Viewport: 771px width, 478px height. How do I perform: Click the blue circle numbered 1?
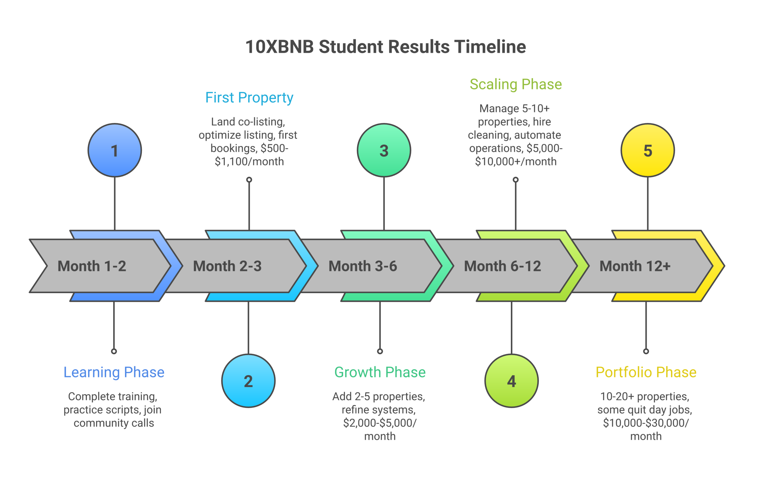click(x=114, y=150)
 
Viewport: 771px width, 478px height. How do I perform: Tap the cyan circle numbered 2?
click(x=248, y=381)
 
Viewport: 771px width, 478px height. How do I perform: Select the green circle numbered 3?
click(x=384, y=150)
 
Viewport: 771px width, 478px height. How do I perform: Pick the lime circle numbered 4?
click(x=511, y=381)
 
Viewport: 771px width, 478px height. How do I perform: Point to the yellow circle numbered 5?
click(x=648, y=150)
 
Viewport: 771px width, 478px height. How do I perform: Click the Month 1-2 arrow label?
click(x=92, y=266)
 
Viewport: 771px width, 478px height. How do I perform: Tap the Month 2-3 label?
click(x=227, y=266)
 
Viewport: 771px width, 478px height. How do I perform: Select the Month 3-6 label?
click(x=363, y=266)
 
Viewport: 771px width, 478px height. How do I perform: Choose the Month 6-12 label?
click(x=502, y=266)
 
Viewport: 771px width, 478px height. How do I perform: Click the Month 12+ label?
click(x=635, y=266)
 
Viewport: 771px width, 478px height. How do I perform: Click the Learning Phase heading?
click(x=114, y=372)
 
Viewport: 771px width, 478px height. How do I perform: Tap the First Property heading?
click(x=249, y=97)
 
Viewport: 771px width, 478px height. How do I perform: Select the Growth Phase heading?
click(x=380, y=372)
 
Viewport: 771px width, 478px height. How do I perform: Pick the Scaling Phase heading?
click(x=515, y=84)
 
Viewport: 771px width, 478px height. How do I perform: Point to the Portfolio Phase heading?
click(x=646, y=372)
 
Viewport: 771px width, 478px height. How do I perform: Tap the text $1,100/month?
click(x=249, y=161)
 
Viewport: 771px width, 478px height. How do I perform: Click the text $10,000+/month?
click(x=515, y=161)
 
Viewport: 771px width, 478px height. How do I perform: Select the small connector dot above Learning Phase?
click(x=114, y=351)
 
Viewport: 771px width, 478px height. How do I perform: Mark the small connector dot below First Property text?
click(x=249, y=180)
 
